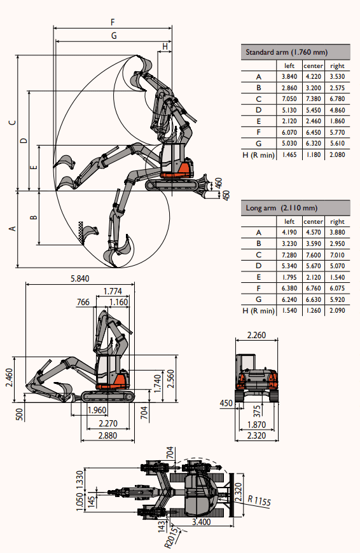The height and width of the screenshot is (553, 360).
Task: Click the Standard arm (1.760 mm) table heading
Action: pyautogui.click(x=287, y=52)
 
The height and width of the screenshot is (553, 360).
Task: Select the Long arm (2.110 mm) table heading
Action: pyautogui.click(x=282, y=208)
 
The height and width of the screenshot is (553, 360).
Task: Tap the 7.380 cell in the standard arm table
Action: pyautogui.click(x=313, y=99)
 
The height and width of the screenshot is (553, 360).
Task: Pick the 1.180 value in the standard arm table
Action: pyautogui.click(x=313, y=154)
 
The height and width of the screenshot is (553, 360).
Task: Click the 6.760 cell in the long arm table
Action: pyautogui.click(x=313, y=288)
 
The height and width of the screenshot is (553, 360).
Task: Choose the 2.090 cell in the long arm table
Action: pyautogui.click(x=337, y=310)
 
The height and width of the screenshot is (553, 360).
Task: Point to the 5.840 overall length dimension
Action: pyautogui.click(x=80, y=278)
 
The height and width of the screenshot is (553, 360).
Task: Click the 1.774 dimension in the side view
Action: pyautogui.click(x=113, y=291)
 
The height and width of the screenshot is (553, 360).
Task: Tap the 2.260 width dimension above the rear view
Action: pyautogui.click(x=256, y=335)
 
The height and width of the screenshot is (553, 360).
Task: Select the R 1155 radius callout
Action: pyautogui.click(x=260, y=500)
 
